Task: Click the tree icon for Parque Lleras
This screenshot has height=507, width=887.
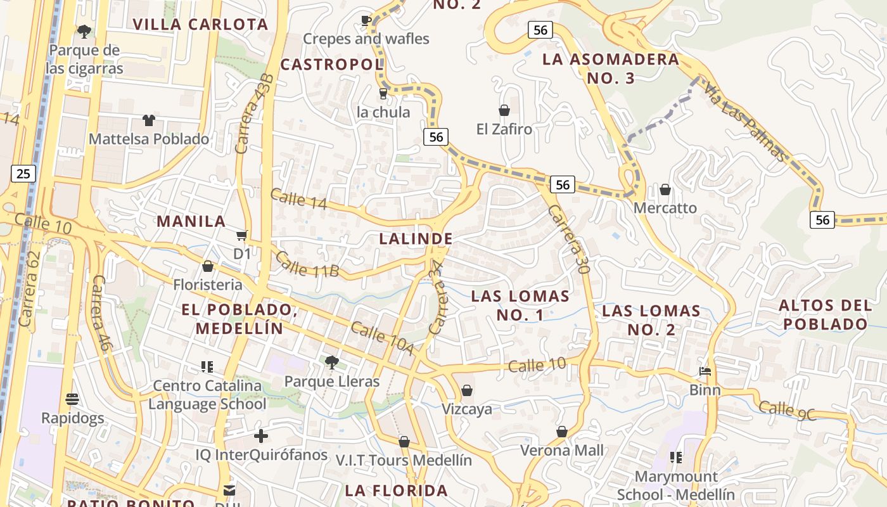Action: click(331, 363)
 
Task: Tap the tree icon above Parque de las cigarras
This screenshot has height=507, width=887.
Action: click(84, 31)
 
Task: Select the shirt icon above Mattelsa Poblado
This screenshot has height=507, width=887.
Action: click(149, 120)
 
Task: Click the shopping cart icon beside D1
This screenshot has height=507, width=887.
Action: click(241, 236)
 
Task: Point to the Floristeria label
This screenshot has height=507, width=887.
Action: click(208, 285)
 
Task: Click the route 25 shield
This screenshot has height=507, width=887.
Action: click(23, 173)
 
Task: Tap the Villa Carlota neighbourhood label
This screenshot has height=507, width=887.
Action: click(200, 25)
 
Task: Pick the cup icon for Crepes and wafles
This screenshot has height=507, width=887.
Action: click(366, 20)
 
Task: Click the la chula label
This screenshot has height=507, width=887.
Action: click(383, 112)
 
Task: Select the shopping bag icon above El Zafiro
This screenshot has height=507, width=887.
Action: click(504, 111)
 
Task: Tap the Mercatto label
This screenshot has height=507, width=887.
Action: click(665, 208)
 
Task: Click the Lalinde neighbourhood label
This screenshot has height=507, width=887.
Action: click(416, 239)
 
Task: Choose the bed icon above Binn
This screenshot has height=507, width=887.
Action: click(705, 371)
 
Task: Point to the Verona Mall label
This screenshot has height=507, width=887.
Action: click(562, 451)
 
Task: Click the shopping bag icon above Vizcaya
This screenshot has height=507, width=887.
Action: click(467, 390)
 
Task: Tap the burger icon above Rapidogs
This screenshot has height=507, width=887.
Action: click(72, 399)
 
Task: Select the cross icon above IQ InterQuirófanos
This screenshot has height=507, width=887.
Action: click(261, 436)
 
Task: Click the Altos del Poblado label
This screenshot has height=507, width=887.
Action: click(825, 315)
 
